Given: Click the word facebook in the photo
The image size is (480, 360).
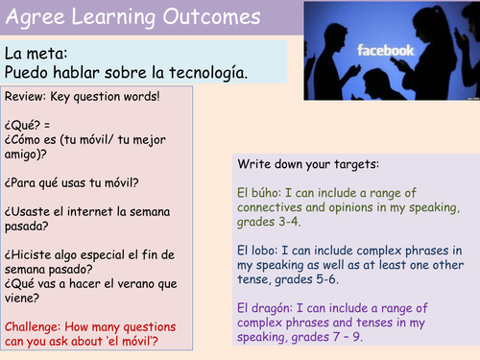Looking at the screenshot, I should tap(386, 49).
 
